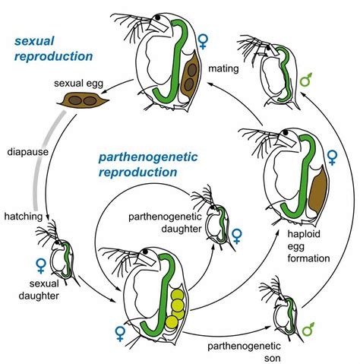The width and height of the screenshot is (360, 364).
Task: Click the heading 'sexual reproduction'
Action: pos(52,46)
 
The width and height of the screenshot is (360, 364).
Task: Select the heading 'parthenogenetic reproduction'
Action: pos(137,163)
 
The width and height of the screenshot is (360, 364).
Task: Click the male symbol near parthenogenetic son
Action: pos(308,329)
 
